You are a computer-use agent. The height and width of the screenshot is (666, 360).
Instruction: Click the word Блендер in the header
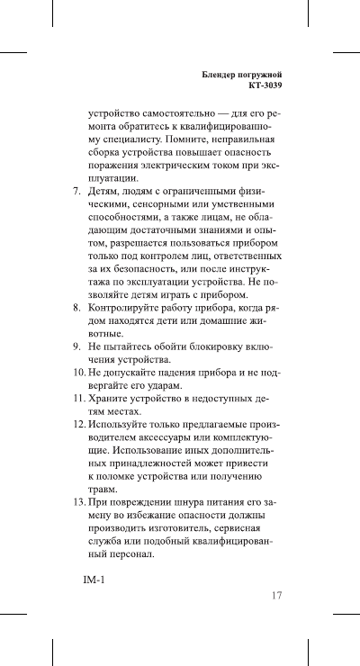(x=220, y=74)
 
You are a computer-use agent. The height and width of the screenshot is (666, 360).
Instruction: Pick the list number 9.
(x=76, y=346)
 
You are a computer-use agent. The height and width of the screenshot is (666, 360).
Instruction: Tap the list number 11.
(x=79, y=397)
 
